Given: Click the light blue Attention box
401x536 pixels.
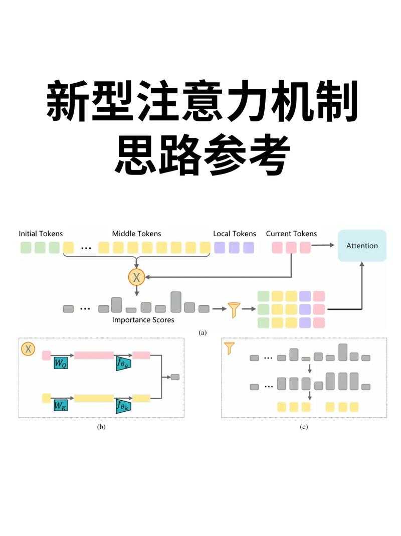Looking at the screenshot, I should coord(362,246).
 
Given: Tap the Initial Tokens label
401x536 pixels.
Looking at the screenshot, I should coord(41,234).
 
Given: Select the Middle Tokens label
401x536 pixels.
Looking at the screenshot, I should coord(136,234).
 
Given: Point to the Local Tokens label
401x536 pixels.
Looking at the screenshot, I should coord(234,234).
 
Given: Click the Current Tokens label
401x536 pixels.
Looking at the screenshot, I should coord(291,234).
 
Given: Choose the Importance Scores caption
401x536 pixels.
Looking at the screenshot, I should coord(143,320).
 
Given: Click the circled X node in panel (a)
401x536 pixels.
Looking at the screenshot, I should coord(136,276).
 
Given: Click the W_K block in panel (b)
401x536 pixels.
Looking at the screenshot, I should coord(61,405).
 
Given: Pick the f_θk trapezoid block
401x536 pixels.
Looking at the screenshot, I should coord(123,405).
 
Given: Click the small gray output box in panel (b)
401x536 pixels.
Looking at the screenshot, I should coord(175,377).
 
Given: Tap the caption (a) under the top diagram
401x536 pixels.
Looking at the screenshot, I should coord(203,332).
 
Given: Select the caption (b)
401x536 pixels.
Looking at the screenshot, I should coord(101,427).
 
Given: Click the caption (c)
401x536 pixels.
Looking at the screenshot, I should coord(304,427).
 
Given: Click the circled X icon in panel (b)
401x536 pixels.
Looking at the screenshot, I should coord(28,348).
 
